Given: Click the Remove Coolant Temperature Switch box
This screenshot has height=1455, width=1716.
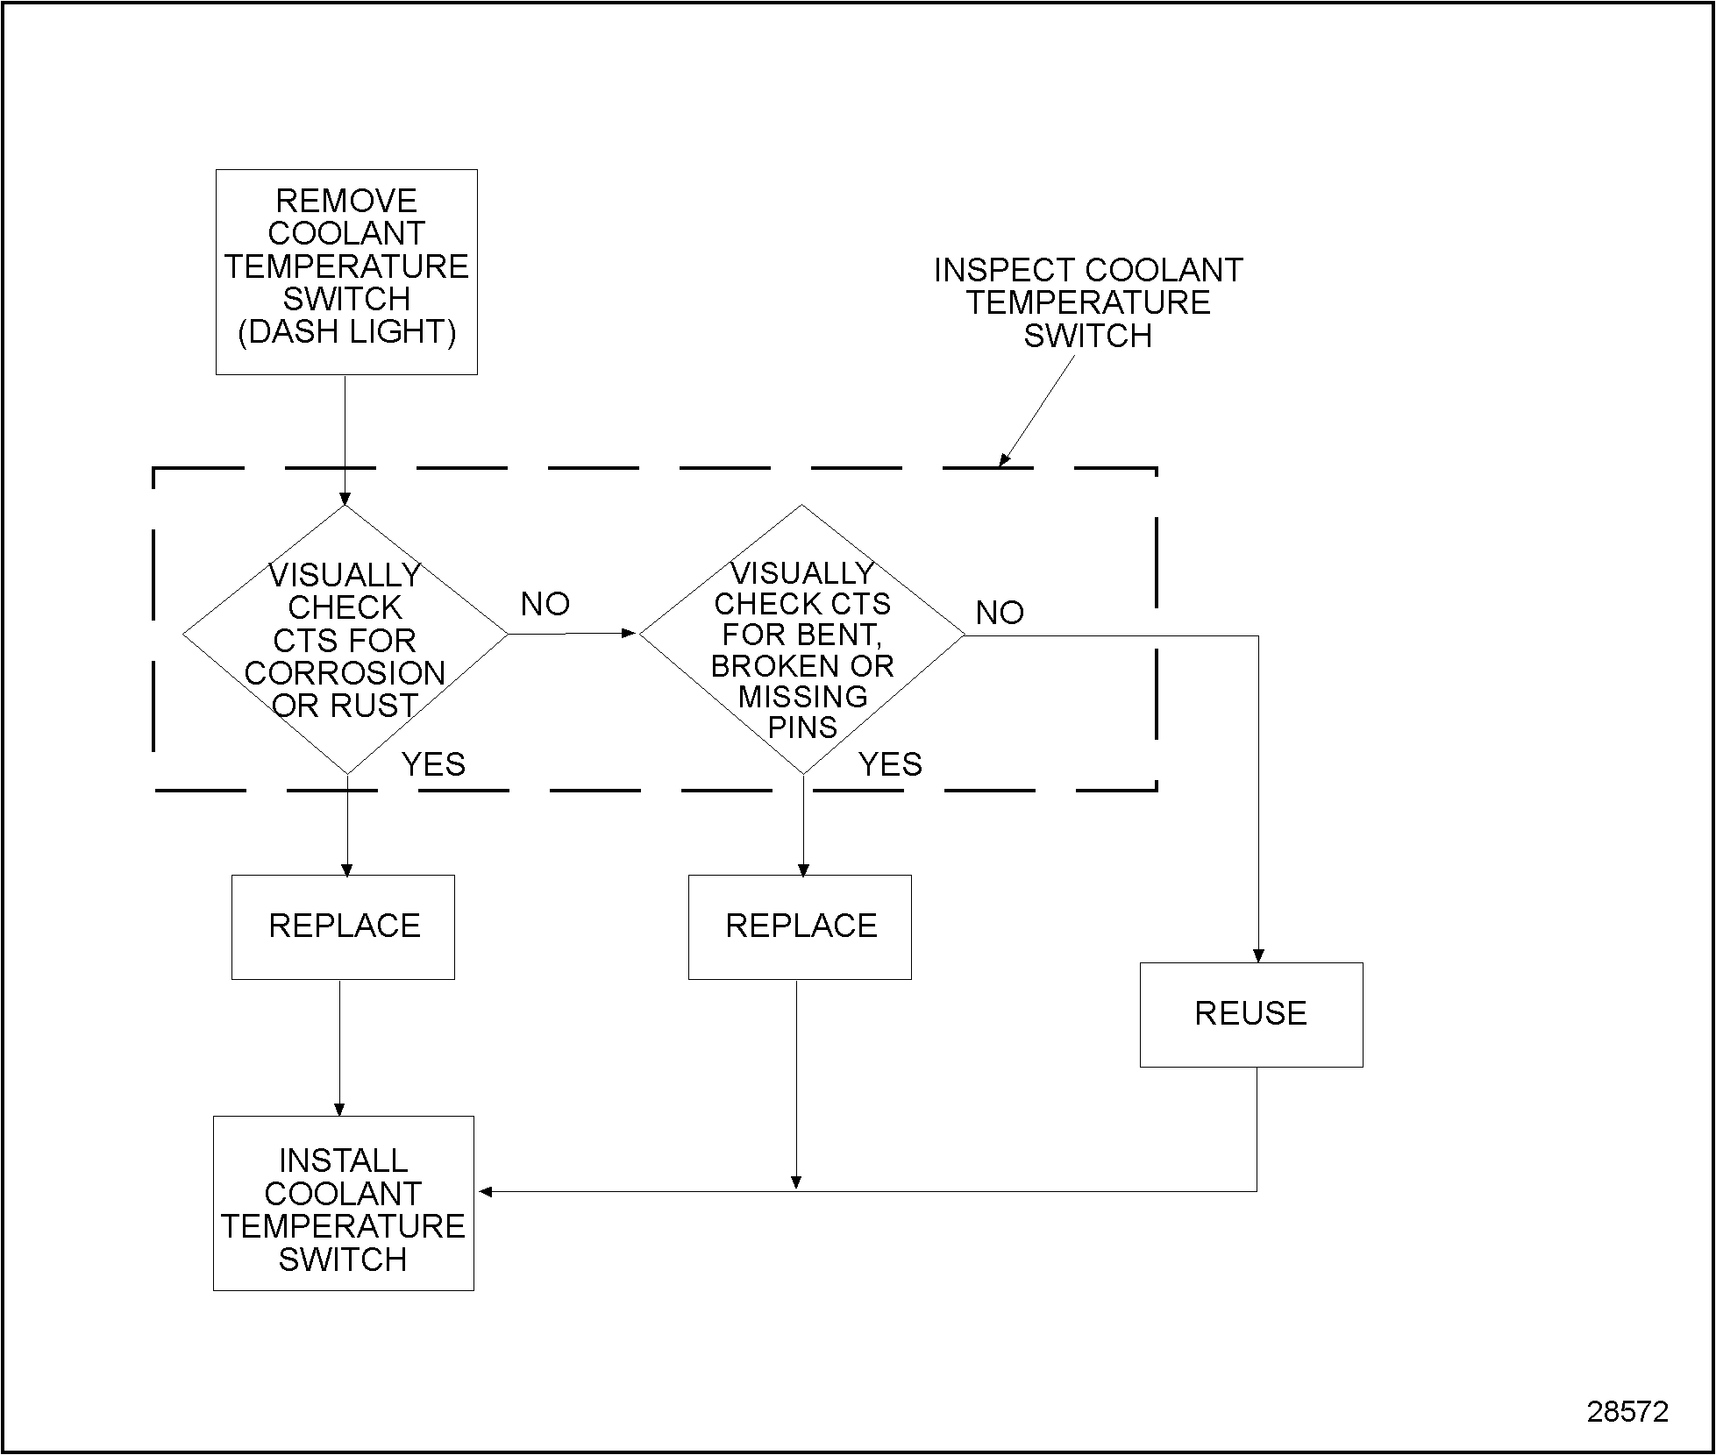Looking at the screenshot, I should tap(346, 272).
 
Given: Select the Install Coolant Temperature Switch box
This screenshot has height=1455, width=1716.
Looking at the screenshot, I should tap(343, 1203).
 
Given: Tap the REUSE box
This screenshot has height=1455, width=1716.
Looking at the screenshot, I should tap(1250, 1014).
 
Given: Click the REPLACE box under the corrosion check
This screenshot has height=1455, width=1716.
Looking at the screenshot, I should tap(343, 926).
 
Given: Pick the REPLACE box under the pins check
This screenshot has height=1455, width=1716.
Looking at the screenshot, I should tap(800, 926).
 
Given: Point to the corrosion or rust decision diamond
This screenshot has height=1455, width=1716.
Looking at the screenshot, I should tap(345, 639).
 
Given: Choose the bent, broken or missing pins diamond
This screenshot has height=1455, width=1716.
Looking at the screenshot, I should tap(801, 639).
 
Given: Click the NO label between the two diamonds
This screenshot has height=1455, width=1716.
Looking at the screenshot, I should tap(545, 604).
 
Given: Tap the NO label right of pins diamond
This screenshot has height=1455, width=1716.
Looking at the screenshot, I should tap(1000, 613).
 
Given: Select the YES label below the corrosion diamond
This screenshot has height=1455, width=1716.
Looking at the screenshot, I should tap(433, 764).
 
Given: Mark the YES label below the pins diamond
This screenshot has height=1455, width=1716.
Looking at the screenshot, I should tap(890, 764).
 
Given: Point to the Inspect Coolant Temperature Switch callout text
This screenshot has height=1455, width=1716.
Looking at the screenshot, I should tap(1088, 302).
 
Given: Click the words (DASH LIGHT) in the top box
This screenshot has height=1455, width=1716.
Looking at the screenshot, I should tap(346, 332).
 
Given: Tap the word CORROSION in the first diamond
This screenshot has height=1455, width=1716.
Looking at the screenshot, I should tap(345, 673).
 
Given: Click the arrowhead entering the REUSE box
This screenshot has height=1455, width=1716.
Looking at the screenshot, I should tap(1258, 955).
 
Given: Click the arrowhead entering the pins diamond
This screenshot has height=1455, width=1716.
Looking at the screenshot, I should tap(629, 633).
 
